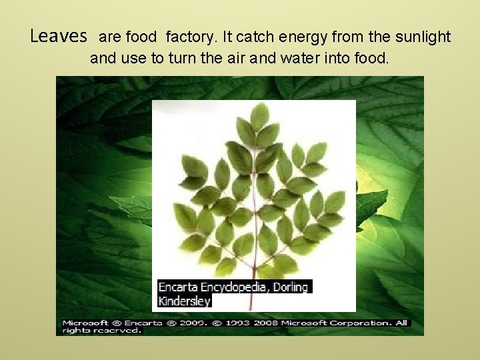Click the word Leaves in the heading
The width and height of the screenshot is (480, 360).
pos(59,36)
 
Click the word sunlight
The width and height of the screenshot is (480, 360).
pos(423,37)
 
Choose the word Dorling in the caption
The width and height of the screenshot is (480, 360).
pos(291,287)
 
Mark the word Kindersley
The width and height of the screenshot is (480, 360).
pos(184,301)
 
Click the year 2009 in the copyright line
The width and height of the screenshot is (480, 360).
pos(176,323)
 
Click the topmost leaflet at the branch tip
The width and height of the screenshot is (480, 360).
pos(260,115)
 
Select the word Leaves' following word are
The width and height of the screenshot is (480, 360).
pos(109,37)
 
